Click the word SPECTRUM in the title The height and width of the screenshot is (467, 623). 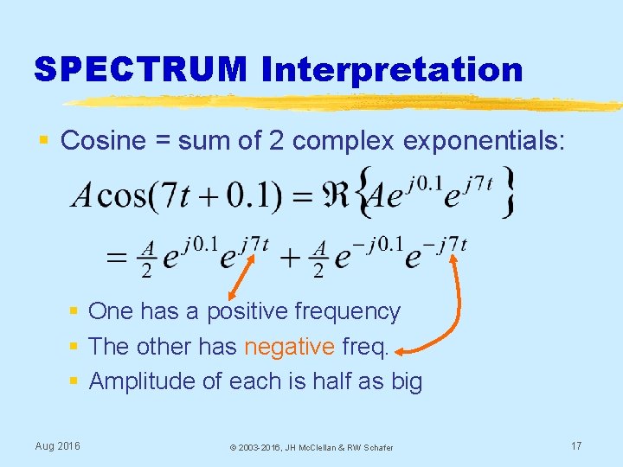coord(140,69)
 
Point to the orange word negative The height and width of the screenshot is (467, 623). coord(289,347)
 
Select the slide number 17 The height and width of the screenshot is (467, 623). coord(575,445)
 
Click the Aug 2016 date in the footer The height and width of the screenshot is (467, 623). coord(57,445)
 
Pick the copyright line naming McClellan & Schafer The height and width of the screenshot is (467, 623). coord(311,447)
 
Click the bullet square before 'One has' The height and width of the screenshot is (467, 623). coord(75,311)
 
